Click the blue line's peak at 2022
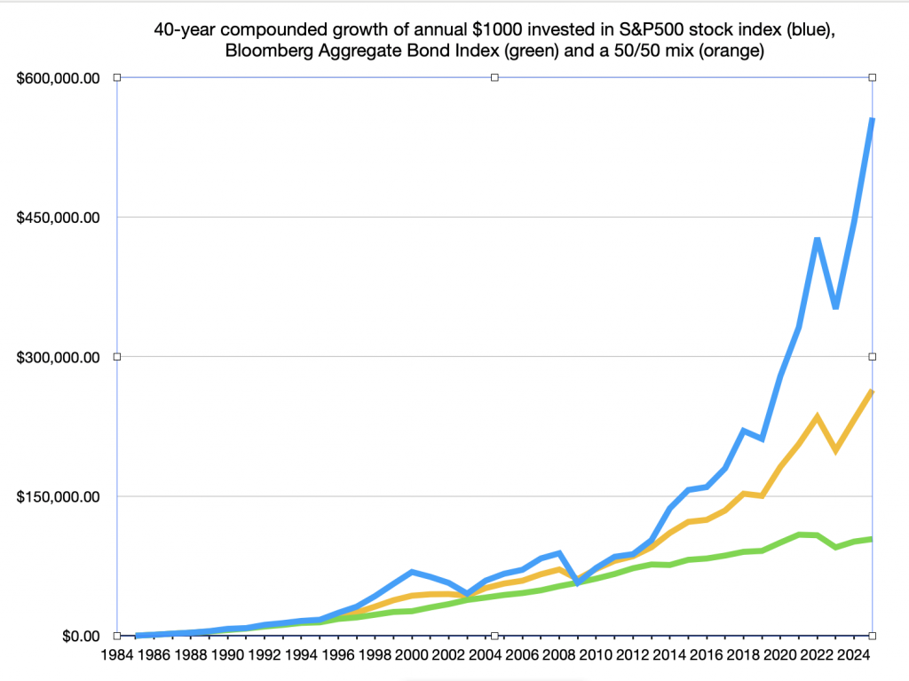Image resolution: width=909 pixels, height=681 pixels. tap(818, 239)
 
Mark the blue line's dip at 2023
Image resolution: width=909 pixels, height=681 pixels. tap(835, 307)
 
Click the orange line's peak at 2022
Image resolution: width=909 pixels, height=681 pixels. tap(817, 416)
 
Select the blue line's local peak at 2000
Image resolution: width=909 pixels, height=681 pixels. tap(412, 572)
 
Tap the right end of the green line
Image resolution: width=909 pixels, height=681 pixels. tap(872, 539)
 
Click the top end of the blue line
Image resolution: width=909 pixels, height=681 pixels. tap(872, 119)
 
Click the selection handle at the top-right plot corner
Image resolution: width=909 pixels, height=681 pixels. tap(873, 78)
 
